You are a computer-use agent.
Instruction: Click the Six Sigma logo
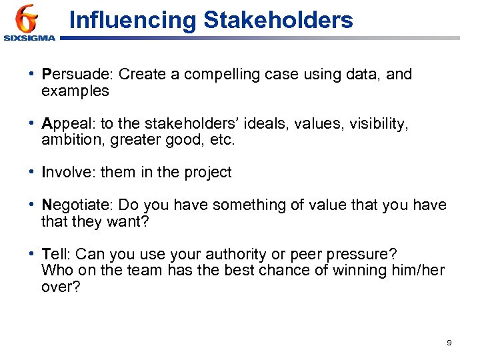[x=28, y=23]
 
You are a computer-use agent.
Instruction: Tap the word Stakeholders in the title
[x=278, y=20]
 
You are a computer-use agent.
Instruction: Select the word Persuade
[x=69, y=75]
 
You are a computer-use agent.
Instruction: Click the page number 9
[x=449, y=342]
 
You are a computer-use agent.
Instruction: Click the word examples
[x=75, y=91]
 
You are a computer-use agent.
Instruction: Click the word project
[x=207, y=173]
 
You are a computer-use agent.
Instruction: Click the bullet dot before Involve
[x=33, y=173]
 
